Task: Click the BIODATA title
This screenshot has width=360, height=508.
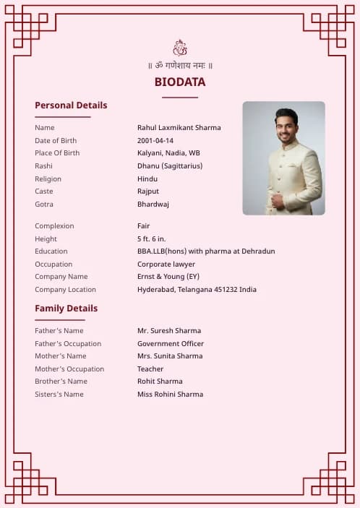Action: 180,82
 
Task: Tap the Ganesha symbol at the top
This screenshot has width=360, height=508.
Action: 180,48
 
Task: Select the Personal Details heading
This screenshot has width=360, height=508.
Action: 71,106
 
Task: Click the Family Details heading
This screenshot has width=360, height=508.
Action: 66,309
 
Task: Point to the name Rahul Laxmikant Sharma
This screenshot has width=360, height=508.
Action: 179,128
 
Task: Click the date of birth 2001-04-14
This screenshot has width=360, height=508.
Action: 155,141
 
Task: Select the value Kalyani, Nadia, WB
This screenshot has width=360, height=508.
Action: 169,153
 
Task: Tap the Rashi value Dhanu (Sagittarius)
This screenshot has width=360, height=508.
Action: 170,166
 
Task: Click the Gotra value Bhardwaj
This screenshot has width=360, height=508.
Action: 153,205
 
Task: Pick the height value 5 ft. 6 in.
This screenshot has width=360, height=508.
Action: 152,239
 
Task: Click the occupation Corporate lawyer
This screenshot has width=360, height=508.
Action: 166,264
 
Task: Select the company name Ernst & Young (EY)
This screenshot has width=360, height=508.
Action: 168,277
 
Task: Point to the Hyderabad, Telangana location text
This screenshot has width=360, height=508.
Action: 197,290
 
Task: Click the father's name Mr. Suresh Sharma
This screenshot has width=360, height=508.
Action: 169,331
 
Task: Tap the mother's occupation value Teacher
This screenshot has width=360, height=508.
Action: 150,369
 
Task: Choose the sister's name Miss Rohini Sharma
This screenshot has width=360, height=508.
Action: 170,395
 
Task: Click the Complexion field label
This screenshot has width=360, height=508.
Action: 54,226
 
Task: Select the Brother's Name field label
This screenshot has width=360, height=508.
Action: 61,382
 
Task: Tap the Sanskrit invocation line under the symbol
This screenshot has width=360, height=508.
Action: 180,66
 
